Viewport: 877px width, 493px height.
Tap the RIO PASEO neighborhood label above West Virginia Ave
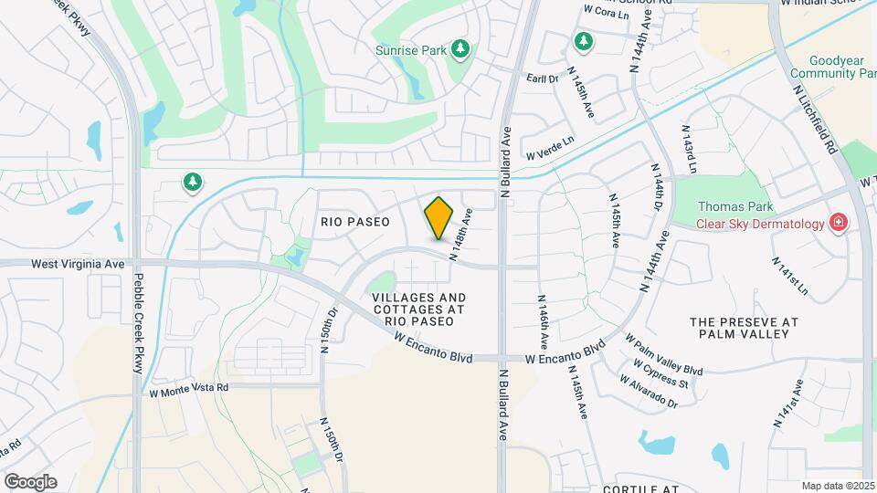(x=355, y=222)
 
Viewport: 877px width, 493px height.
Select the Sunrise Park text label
(x=411, y=50)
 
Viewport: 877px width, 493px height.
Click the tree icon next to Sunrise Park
(x=462, y=48)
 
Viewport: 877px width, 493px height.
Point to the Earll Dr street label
(x=542, y=79)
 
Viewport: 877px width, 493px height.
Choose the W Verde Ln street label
(x=550, y=146)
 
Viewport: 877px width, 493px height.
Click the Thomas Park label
(x=730, y=207)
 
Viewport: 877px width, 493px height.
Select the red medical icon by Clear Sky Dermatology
(x=837, y=223)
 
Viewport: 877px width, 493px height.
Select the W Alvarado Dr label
(x=647, y=394)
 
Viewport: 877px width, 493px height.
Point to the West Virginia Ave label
(x=78, y=263)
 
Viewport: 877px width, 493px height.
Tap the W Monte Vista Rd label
(x=188, y=388)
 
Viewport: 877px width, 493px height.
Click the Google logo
(x=30, y=482)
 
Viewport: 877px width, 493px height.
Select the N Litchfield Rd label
(x=816, y=119)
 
